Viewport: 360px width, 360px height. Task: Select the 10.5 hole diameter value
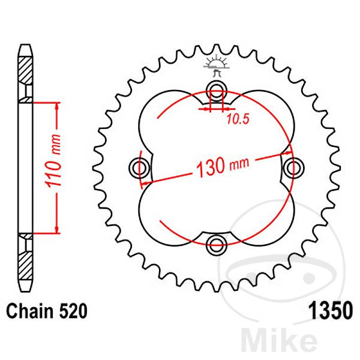(x=237, y=119)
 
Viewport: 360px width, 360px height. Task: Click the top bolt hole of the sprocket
(x=216, y=91)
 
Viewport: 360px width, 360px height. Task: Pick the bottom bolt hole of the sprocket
(x=216, y=243)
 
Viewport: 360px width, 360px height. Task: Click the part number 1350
(x=329, y=313)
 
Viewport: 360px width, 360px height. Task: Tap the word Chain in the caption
(x=29, y=313)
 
